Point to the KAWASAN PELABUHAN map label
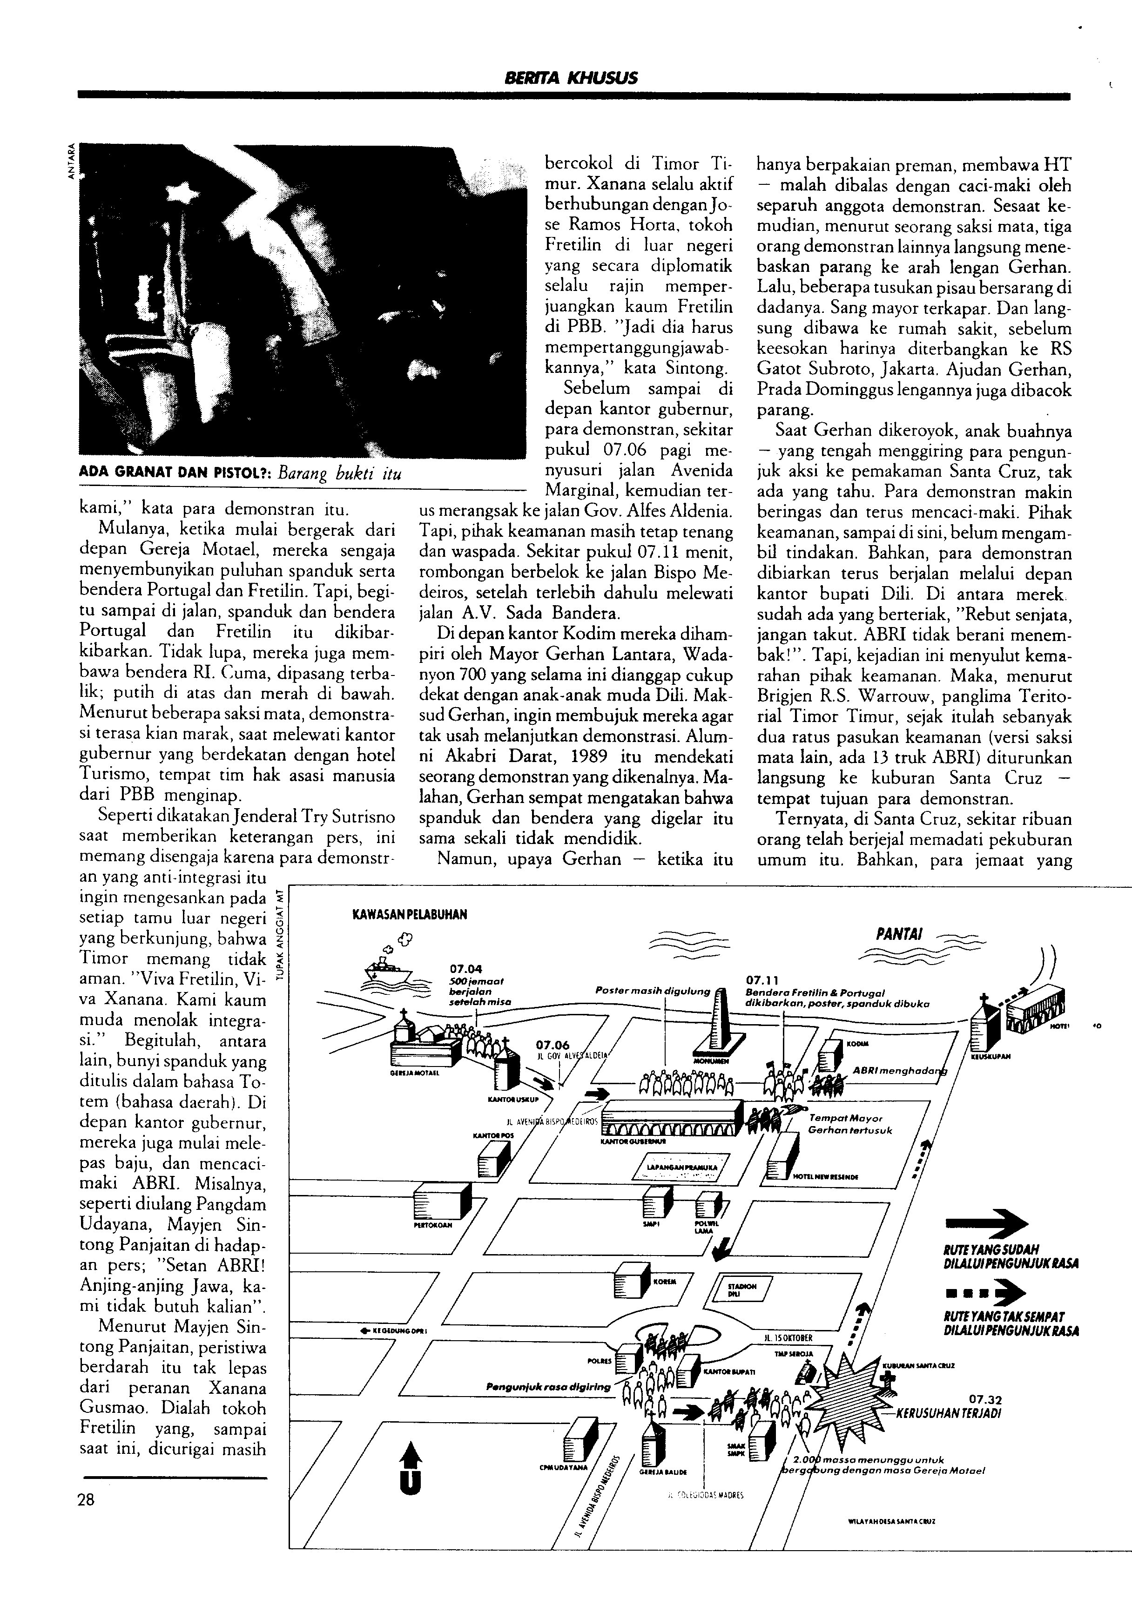click(x=409, y=915)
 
